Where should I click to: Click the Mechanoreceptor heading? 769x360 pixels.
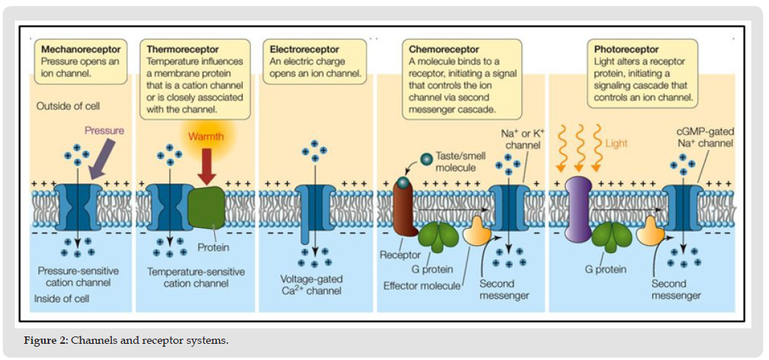click(81, 49)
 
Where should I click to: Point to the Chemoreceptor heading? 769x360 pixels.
click(444, 49)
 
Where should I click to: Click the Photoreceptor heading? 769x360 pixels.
click(627, 49)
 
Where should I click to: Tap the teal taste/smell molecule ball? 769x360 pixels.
click(426, 158)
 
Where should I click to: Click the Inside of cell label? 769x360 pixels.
click(63, 299)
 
